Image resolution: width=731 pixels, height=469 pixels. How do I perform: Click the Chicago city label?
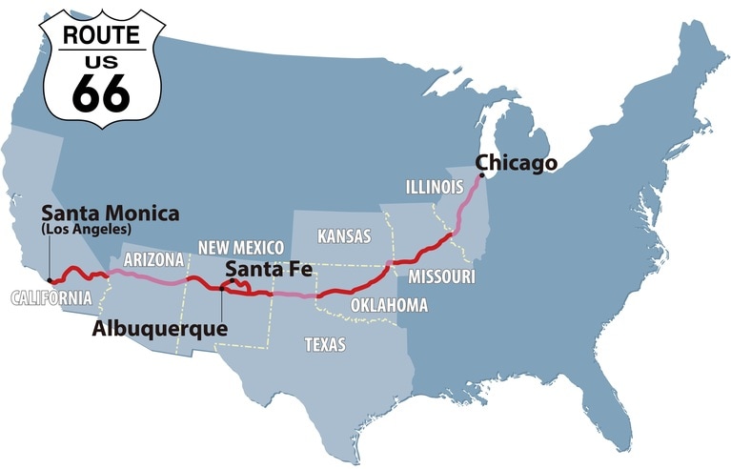coord(516,163)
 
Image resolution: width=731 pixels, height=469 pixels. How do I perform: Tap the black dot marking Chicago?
coord(481,175)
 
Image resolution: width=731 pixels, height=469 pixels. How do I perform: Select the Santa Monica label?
coord(110,213)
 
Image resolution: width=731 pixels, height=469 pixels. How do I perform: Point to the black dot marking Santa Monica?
coord(49,281)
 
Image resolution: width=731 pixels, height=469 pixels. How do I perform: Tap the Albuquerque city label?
coord(159,329)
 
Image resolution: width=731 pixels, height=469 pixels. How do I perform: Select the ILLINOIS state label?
coord(434,185)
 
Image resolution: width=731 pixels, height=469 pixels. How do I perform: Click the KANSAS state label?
coord(344,235)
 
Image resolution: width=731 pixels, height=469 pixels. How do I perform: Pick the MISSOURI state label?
coord(442,276)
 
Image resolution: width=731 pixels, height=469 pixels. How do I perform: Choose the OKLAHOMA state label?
coord(389,305)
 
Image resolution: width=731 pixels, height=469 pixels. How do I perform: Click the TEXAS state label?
coord(325,344)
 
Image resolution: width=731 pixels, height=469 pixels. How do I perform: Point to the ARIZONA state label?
coord(153,258)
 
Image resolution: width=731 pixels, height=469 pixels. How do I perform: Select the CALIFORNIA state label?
coord(51,298)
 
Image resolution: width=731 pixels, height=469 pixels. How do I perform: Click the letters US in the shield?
coord(101,61)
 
